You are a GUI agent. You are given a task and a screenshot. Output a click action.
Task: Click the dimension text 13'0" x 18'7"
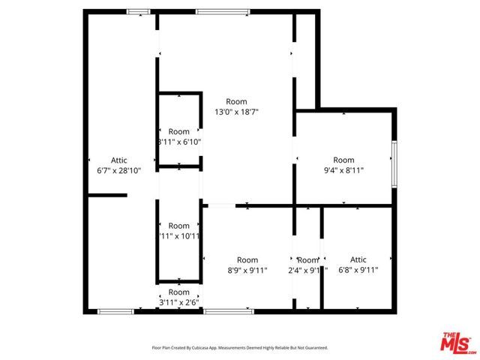(236, 112)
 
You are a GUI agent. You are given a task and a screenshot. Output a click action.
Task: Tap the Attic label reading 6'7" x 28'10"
(119, 170)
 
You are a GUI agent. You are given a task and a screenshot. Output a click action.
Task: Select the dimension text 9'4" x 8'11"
(343, 170)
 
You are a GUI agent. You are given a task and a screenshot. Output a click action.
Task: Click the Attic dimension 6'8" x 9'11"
(358, 271)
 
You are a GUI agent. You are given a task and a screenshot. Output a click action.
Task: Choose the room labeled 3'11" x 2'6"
(179, 302)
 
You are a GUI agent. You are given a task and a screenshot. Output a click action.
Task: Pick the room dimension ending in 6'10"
(179, 142)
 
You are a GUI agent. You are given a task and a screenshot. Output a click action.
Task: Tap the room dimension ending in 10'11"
(179, 236)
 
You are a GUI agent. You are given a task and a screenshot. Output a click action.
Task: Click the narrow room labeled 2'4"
(307, 271)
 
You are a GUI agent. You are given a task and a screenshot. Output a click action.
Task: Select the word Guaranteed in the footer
(314, 348)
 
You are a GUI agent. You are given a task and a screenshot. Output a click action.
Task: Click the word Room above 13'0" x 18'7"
(236, 102)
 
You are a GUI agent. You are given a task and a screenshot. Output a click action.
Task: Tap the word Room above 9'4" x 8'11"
(343, 160)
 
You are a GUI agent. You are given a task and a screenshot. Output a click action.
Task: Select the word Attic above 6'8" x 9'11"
(358, 260)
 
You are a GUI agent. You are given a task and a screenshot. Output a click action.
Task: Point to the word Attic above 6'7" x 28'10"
(119, 160)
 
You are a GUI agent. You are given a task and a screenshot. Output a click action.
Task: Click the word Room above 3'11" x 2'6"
(179, 292)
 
